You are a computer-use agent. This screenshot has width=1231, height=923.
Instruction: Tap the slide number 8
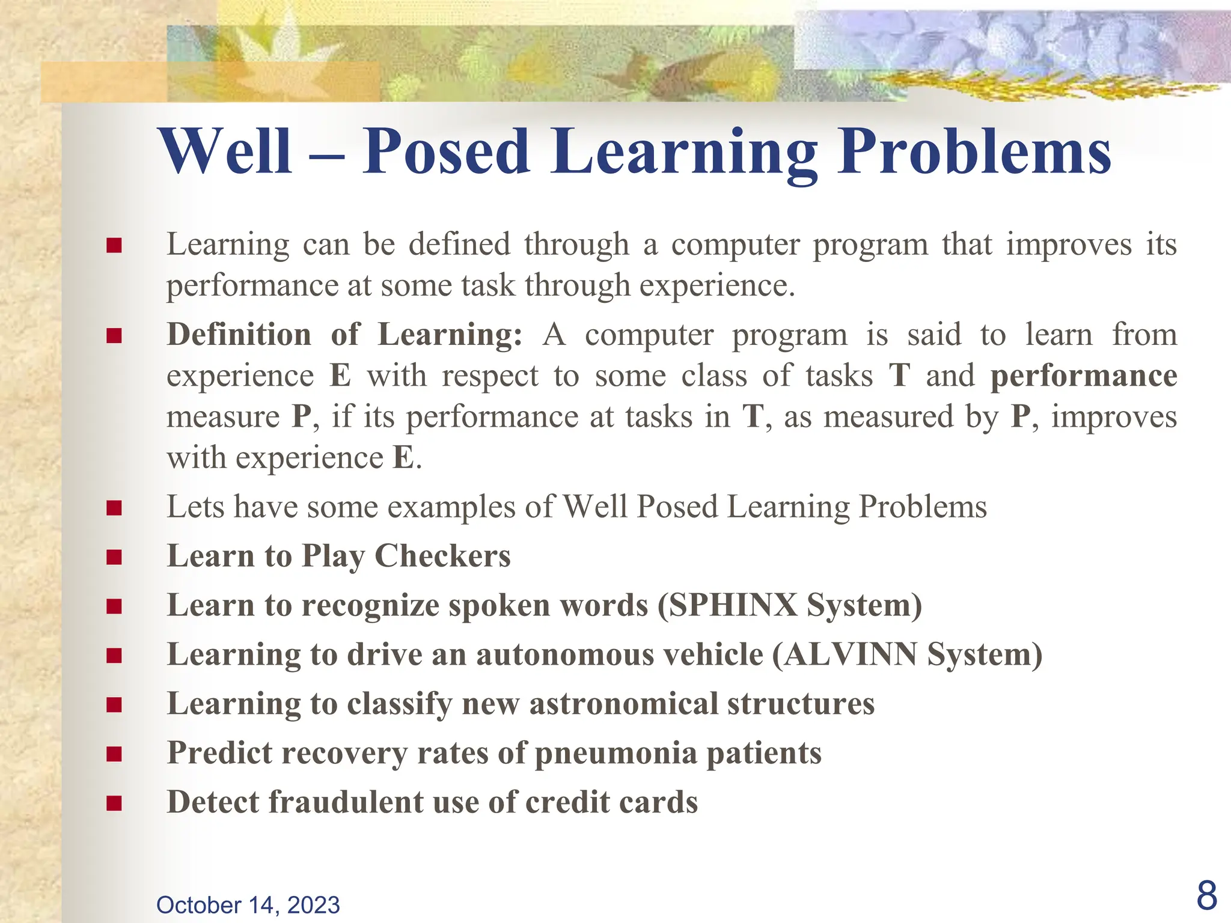[1206, 895]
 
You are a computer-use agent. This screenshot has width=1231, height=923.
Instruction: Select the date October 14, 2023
[248, 905]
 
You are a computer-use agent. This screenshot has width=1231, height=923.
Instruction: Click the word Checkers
[442, 556]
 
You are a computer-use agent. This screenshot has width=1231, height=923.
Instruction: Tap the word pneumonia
[615, 754]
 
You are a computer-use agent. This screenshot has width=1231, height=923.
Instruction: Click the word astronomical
[623, 704]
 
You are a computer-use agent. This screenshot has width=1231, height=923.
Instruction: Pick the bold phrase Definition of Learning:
[344, 335]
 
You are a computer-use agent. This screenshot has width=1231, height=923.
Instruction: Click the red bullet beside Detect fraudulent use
[114, 803]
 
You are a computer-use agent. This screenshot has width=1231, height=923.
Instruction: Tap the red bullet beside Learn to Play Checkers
[114, 557]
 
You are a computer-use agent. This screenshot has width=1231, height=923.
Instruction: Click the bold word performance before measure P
[1083, 376]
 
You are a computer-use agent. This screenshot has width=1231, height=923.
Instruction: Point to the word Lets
[195, 507]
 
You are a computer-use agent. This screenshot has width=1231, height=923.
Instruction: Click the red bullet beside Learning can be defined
[114, 245]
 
